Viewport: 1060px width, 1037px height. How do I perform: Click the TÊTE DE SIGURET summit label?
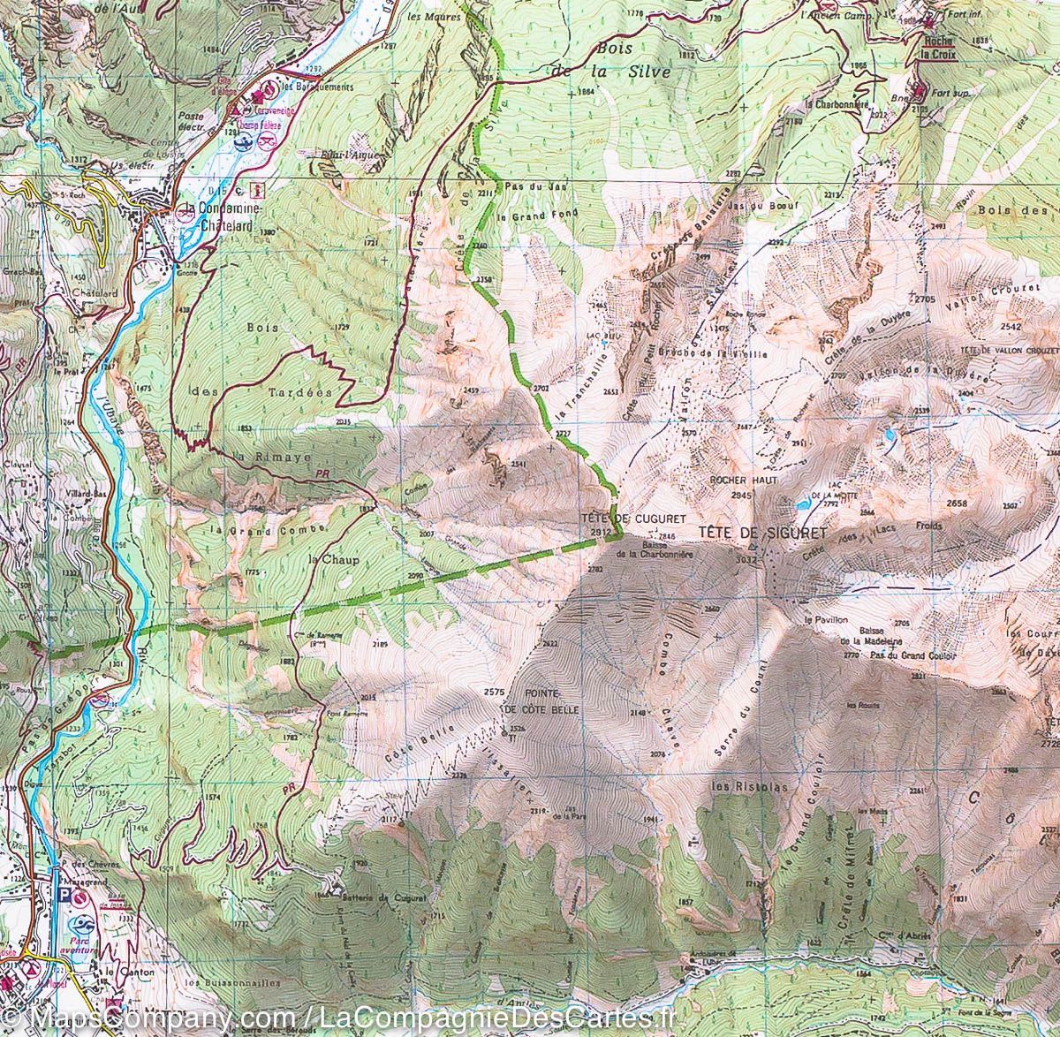point(762,533)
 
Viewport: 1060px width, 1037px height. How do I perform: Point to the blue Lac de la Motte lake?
point(801,506)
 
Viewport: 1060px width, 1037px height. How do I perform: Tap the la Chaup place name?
point(325,559)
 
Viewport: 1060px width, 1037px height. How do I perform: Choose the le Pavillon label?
point(821,620)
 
